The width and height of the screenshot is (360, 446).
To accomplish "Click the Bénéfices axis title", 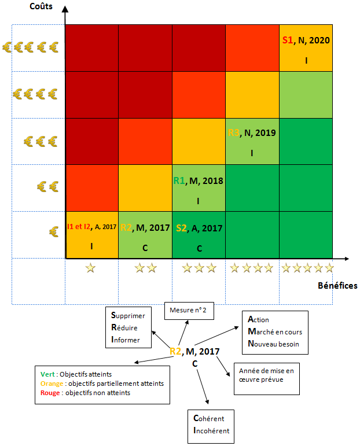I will pos(337,286).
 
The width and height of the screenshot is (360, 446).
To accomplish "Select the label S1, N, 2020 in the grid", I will pos(306,40).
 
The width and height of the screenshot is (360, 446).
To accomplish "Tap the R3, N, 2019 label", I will pos(252,132).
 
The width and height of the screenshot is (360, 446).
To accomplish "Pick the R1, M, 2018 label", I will pos(198,180).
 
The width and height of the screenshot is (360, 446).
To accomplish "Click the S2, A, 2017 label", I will pos(199,227).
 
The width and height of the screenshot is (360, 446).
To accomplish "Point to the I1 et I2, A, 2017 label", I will pos(91,227).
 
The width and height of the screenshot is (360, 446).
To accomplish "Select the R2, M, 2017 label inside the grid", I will pos(145,227).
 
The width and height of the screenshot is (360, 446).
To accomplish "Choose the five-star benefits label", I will pos(307,268).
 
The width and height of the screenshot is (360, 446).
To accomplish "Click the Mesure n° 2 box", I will pos(188,311).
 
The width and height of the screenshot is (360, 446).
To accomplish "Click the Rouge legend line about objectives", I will pos(95,393).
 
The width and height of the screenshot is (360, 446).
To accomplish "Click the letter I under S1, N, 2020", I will pos(306,60).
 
